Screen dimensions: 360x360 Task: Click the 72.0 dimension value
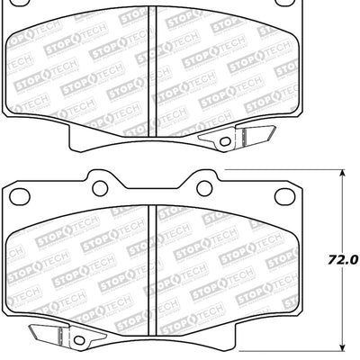click(x=342, y=259)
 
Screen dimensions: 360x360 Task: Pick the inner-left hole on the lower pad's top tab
click(x=99, y=187)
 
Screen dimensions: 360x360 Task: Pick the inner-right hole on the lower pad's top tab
click(x=203, y=187)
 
